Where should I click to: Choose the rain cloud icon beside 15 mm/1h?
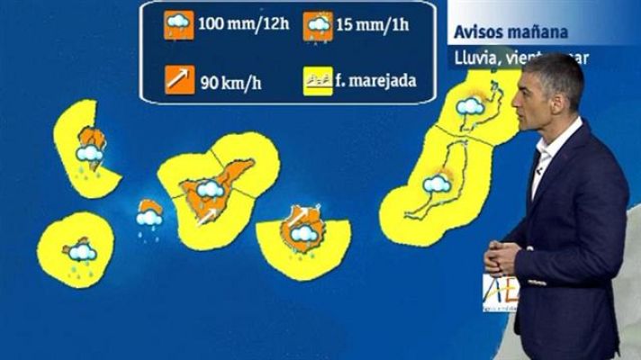tap(317, 27)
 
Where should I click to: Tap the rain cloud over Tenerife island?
tap(211, 189)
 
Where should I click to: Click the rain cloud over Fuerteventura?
tap(438, 185)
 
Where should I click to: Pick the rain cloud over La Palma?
tap(89, 155)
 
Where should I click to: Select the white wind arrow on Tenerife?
tap(206, 217)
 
